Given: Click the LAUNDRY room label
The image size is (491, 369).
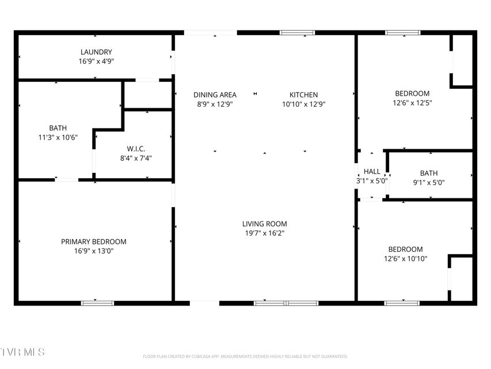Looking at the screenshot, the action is point(96,52).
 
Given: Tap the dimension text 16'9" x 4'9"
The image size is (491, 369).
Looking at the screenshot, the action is point(96,61).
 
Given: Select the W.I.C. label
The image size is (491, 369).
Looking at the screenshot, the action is point(136,149).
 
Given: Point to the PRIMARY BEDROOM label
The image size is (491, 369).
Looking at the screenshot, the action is point(94,242).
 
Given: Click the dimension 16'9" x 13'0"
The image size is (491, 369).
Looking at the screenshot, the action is point(94,251).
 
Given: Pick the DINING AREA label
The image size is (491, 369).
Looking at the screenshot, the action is point(215,95).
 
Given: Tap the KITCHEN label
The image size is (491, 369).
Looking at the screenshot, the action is point(303,95).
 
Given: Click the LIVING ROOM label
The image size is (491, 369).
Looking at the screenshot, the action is point(265,224).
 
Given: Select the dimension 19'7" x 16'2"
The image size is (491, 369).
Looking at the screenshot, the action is point(265,233).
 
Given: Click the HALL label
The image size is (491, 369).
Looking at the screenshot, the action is point(372,172).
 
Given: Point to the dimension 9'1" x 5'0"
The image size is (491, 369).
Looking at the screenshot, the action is point(429,182).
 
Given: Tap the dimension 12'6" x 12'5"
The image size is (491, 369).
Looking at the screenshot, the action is point(412,103).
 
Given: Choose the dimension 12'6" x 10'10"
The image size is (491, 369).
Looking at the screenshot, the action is point(405,258).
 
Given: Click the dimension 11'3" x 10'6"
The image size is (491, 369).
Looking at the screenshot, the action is point(58,137).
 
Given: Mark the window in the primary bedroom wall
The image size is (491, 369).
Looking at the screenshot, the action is point(97,303).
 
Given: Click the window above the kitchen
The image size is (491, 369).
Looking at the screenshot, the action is point(297,33).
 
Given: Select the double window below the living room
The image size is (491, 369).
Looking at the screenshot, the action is point(286,303).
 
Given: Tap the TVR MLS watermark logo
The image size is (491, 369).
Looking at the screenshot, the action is point(22,352).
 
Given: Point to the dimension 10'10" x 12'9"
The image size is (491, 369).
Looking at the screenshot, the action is point(304,104).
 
